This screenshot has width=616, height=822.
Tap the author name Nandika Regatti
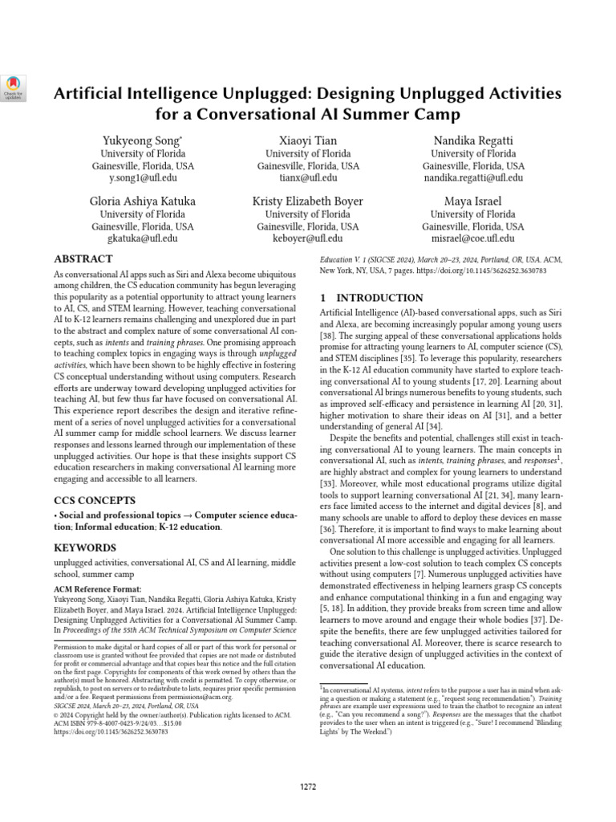472,140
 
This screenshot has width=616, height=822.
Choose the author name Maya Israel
472,201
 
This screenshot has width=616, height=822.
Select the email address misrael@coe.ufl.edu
472,238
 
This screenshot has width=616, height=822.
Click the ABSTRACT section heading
83,259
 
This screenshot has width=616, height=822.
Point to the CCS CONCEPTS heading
94,499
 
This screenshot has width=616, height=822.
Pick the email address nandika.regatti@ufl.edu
472,177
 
